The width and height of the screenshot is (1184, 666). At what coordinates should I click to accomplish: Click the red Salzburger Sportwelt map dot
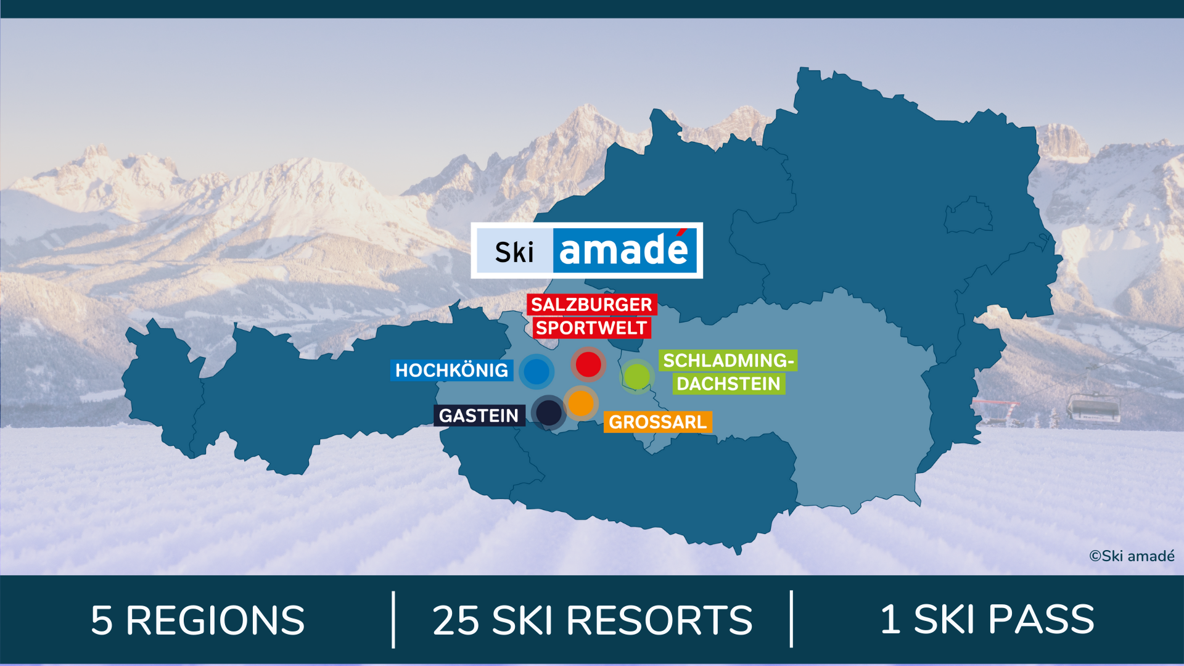point(588,364)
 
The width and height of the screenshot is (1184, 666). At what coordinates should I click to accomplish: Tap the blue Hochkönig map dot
point(536,372)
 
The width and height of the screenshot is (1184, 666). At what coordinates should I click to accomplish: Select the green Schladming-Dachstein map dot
point(636,376)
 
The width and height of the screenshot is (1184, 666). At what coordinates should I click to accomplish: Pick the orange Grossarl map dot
point(580,403)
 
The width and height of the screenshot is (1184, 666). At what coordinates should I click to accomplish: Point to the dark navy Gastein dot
point(548,413)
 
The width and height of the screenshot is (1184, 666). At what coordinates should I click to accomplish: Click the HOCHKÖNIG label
point(451,370)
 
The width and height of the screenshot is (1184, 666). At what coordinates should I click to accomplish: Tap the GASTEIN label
point(479,416)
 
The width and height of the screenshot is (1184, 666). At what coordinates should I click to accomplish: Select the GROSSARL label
point(657,422)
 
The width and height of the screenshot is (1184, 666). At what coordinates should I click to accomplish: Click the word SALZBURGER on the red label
point(591,305)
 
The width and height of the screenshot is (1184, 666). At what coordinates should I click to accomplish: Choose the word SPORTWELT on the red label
point(591,328)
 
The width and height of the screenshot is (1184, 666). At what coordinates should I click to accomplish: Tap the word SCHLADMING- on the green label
point(728,360)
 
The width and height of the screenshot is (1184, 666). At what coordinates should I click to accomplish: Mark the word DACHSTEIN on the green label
point(728,384)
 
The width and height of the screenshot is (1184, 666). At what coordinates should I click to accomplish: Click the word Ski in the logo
point(514,252)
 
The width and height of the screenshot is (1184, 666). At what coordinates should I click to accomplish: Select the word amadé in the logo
point(624,250)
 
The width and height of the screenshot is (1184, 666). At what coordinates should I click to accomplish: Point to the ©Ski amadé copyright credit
point(1132,556)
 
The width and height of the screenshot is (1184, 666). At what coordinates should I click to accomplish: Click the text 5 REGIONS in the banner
point(197,620)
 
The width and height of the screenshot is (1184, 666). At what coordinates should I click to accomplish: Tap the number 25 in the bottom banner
point(456,620)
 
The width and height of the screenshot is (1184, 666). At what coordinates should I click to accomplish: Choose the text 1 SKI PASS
point(987,619)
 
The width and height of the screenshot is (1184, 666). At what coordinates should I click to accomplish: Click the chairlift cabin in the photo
point(1093,408)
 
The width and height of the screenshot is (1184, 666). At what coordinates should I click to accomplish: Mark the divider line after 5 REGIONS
point(393,620)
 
